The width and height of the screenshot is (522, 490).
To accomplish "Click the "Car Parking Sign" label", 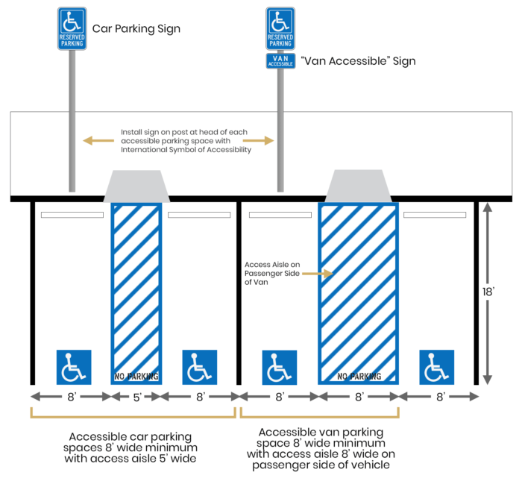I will tap(136, 29).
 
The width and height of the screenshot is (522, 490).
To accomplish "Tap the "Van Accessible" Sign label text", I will tap(357, 61).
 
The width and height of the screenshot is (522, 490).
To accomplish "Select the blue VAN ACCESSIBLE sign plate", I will tap(280, 61).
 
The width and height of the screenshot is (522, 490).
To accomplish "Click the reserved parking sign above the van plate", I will tap(280, 29).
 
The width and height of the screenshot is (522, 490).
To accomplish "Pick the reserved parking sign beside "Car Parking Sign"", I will tap(72, 29).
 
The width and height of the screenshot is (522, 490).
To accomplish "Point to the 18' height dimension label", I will tap(488, 292).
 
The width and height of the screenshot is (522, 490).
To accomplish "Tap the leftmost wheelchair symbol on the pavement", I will tap(74, 367).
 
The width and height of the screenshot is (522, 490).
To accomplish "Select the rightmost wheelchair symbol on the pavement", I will tap(436, 367).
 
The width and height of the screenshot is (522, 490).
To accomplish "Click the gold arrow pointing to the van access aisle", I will tap(317, 274).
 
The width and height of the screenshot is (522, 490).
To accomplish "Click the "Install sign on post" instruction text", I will tap(186, 140).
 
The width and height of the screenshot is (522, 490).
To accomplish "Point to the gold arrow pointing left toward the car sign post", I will tap(98, 140).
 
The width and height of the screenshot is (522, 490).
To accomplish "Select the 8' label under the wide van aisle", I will tap(359, 398).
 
